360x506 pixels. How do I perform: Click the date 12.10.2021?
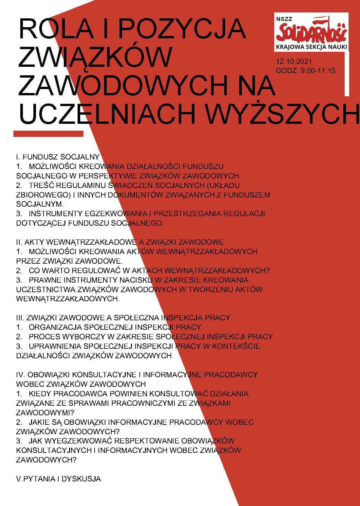click(294, 61)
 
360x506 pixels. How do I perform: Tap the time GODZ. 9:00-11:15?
click(306, 70)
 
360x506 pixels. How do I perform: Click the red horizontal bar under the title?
click(48, 134)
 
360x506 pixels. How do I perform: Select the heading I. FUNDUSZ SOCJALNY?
click(58, 157)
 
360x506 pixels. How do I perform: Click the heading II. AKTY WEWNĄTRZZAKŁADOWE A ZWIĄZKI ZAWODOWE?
click(120, 242)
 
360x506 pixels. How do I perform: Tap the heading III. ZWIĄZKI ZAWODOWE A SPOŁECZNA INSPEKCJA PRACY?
click(123, 317)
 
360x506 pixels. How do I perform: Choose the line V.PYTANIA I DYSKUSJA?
click(58, 479)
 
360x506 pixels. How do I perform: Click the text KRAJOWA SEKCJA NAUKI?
click(311, 47)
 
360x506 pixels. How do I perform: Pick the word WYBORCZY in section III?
click(84, 336)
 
